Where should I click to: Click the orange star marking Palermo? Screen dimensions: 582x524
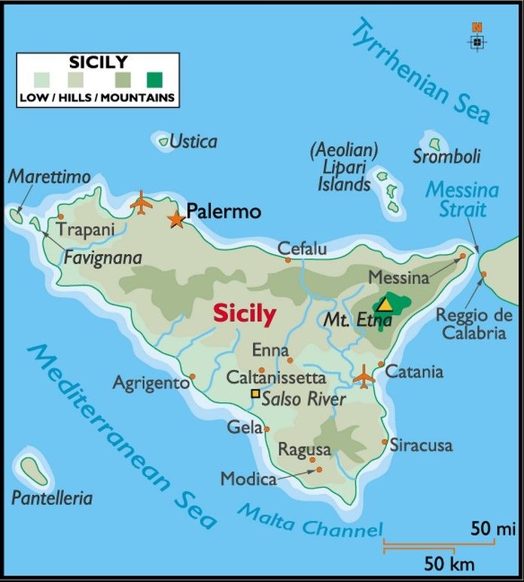(x=176, y=219)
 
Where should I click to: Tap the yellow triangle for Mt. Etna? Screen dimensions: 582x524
(x=385, y=304)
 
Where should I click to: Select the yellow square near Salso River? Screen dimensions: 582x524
(x=256, y=394)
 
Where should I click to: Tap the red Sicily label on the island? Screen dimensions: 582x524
(x=244, y=314)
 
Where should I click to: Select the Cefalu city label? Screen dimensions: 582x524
(x=302, y=249)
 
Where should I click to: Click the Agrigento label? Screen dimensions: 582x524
(x=151, y=383)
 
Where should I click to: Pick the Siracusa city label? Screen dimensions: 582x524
(x=421, y=446)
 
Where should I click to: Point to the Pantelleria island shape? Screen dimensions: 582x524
(x=35, y=473)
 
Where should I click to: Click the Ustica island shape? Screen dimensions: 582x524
(x=163, y=140)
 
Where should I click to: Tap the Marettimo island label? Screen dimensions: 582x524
(x=49, y=177)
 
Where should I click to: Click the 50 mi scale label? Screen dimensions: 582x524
(x=492, y=529)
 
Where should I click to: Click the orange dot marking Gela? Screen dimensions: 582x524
(x=267, y=429)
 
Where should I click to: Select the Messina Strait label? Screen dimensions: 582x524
(x=462, y=199)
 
